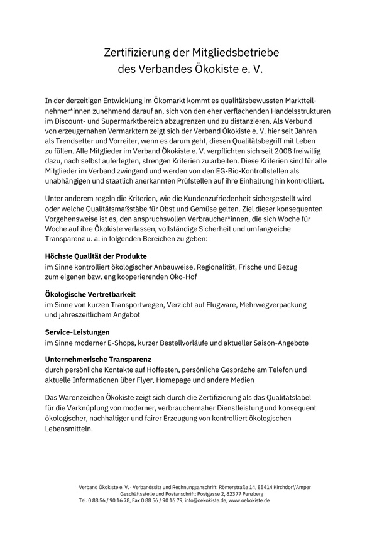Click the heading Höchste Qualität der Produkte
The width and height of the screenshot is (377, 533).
(96, 257)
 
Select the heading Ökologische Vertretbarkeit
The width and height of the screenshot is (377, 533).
(90, 294)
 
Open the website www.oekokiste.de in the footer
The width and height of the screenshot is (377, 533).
(249, 500)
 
